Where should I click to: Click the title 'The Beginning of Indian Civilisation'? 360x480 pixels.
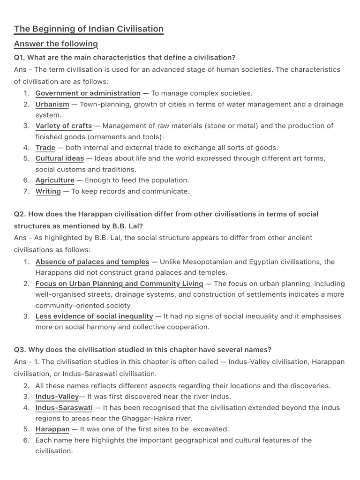[x=89, y=29]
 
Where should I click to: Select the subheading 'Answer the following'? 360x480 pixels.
[x=56, y=44]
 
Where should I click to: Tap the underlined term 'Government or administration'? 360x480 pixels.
[x=88, y=93]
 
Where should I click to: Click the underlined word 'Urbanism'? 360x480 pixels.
[x=52, y=105]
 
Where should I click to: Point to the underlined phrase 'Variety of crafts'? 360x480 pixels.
[x=64, y=126]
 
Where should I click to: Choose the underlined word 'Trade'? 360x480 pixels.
[x=45, y=148]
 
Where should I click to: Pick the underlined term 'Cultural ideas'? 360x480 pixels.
[x=60, y=158]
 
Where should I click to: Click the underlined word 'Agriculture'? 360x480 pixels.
[x=55, y=180]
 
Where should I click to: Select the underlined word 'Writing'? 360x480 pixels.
[x=48, y=191]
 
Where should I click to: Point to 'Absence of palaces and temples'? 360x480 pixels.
[x=92, y=262]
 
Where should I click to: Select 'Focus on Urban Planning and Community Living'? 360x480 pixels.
[x=119, y=284]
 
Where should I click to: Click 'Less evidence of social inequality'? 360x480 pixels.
[x=94, y=316]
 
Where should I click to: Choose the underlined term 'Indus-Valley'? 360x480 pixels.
[x=57, y=397]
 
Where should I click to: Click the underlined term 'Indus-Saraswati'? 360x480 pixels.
[x=64, y=408]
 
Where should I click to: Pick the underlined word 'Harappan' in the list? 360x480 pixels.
[x=52, y=429]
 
